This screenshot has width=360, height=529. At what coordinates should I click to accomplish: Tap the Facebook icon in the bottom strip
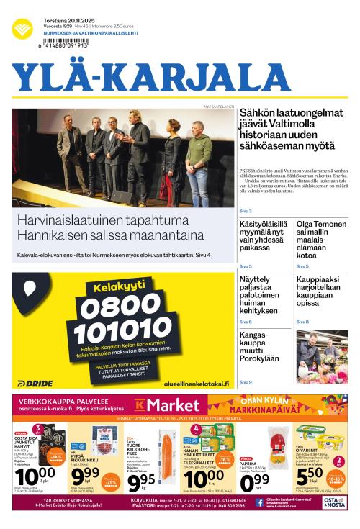258,503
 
